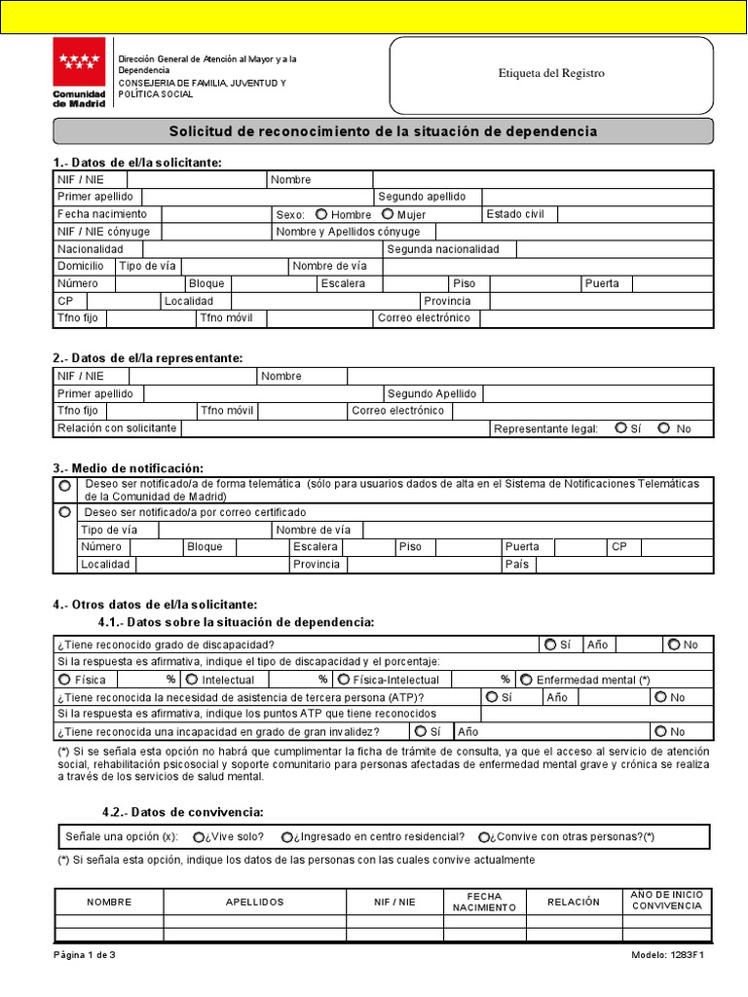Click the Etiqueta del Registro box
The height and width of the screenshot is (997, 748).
click(551, 73)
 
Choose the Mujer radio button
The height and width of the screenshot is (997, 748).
click(388, 214)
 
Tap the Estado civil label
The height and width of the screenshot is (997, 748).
click(514, 213)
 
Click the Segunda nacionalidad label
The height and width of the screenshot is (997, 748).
click(443, 249)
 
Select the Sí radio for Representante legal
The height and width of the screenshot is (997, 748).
click(621, 427)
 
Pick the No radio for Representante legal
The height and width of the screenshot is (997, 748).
click(664, 427)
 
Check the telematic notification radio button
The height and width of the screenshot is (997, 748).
click(64, 485)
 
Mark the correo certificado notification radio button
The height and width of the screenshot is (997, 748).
click(64, 511)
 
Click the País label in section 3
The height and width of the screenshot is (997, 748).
click(516, 565)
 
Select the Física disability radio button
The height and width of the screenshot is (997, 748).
click(64, 680)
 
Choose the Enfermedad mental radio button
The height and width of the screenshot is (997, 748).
click(526, 680)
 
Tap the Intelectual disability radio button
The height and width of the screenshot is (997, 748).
click(192, 680)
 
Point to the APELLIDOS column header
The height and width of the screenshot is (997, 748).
click(254, 903)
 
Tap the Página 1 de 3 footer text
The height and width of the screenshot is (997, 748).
click(85, 955)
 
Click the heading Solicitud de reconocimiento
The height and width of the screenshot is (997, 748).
click(383, 131)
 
